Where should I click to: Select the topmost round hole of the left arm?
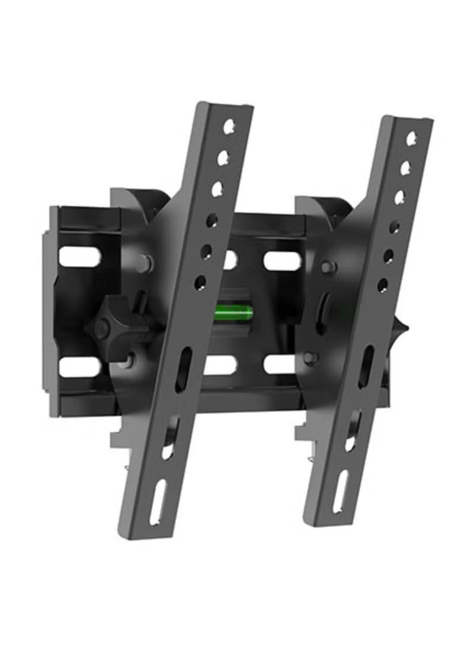(229, 126)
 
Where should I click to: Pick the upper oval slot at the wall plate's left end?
(79, 256)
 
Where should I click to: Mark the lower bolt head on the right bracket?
(310, 358)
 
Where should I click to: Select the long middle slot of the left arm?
(183, 369)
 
